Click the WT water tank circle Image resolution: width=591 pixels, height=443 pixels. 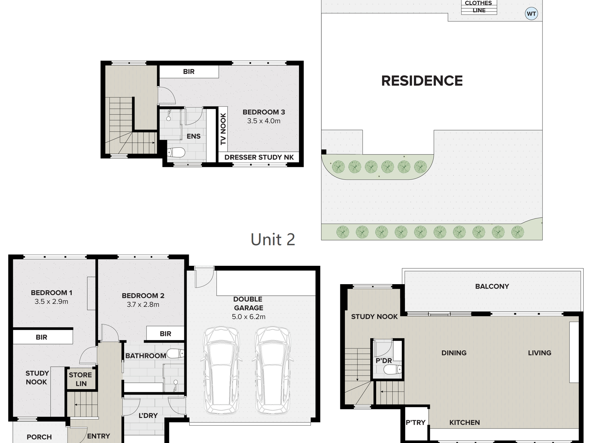(x=531, y=14)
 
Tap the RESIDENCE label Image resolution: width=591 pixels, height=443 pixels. (x=422, y=81)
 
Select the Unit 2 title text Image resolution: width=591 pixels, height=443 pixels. (x=273, y=240)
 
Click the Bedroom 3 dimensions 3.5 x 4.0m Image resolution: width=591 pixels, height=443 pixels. (x=264, y=121)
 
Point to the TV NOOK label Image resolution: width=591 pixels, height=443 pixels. (x=223, y=129)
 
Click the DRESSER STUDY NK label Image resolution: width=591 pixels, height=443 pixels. (x=259, y=157)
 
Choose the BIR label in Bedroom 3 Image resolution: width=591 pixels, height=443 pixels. (x=189, y=72)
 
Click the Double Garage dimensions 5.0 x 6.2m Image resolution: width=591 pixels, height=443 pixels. (x=249, y=317)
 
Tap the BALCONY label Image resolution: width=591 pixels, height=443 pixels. (x=492, y=286)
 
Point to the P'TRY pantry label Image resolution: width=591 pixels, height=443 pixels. (x=416, y=422)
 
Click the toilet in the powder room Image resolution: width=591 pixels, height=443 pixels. (x=393, y=370)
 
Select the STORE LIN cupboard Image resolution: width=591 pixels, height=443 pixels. (x=81, y=379)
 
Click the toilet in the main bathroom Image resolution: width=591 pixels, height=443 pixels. (x=175, y=353)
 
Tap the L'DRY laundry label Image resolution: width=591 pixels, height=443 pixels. (x=148, y=415)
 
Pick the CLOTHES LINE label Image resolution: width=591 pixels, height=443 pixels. (x=479, y=7)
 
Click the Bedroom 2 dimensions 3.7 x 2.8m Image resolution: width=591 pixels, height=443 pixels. (x=143, y=305)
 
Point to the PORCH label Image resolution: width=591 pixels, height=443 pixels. (x=39, y=437)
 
